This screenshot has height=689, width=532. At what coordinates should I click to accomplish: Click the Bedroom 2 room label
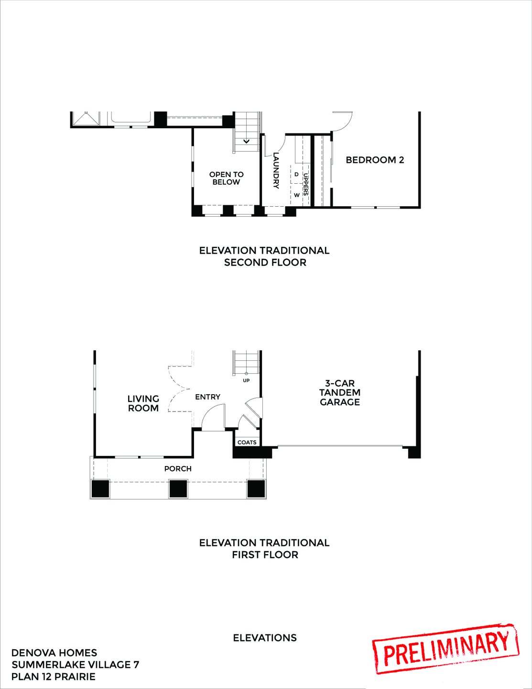[375, 160]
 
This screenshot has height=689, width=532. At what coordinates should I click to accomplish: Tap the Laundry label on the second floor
[276, 171]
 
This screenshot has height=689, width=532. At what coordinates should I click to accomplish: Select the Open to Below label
[226, 178]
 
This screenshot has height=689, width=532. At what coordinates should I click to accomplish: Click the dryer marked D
[296, 174]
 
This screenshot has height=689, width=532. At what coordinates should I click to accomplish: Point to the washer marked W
[296, 195]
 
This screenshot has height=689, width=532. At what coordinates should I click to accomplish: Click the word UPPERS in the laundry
[305, 184]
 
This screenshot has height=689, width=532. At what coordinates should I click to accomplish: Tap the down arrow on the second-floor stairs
[247, 141]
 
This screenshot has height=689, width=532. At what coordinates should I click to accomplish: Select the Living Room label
[143, 403]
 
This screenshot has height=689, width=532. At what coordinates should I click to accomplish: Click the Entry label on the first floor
[208, 397]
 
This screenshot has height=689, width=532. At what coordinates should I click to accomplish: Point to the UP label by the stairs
[247, 381]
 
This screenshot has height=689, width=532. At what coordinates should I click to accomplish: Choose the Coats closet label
[247, 442]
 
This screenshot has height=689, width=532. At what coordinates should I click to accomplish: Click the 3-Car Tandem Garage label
[340, 392]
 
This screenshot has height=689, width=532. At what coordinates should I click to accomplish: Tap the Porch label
[178, 468]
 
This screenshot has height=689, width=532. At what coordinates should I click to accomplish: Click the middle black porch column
[178, 489]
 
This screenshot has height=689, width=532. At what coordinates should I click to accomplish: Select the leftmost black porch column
[101, 489]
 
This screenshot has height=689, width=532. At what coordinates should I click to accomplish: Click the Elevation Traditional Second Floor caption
[265, 256]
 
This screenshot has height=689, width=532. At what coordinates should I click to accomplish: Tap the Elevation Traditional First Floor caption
[265, 548]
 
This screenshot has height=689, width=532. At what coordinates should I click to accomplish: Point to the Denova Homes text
[54, 653]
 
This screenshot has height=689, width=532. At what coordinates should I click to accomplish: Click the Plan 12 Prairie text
[54, 677]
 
